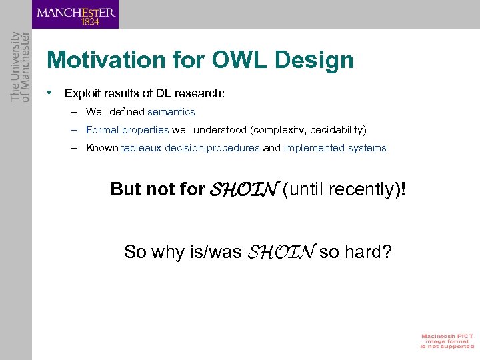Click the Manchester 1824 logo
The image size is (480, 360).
pyautogui.click(x=75, y=15)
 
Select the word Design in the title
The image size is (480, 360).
pyautogui.click(x=317, y=61)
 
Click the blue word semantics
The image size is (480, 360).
pyautogui.click(x=171, y=112)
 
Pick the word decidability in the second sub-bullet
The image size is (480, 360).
pyautogui.click(x=336, y=130)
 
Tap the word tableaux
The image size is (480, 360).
pyautogui.click(x=141, y=148)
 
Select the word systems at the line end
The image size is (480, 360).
pyautogui.click(x=368, y=148)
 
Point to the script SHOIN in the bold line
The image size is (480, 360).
pyautogui.click(x=243, y=190)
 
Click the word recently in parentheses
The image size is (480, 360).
pyautogui.click(x=361, y=190)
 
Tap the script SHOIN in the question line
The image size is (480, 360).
pyautogui.click(x=281, y=252)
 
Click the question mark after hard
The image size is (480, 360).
pyautogui.click(x=387, y=252)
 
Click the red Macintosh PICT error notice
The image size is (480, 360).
pyautogui.click(x=446, y=341)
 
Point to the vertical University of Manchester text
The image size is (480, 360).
pyautogui.click(x=17, y=67)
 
